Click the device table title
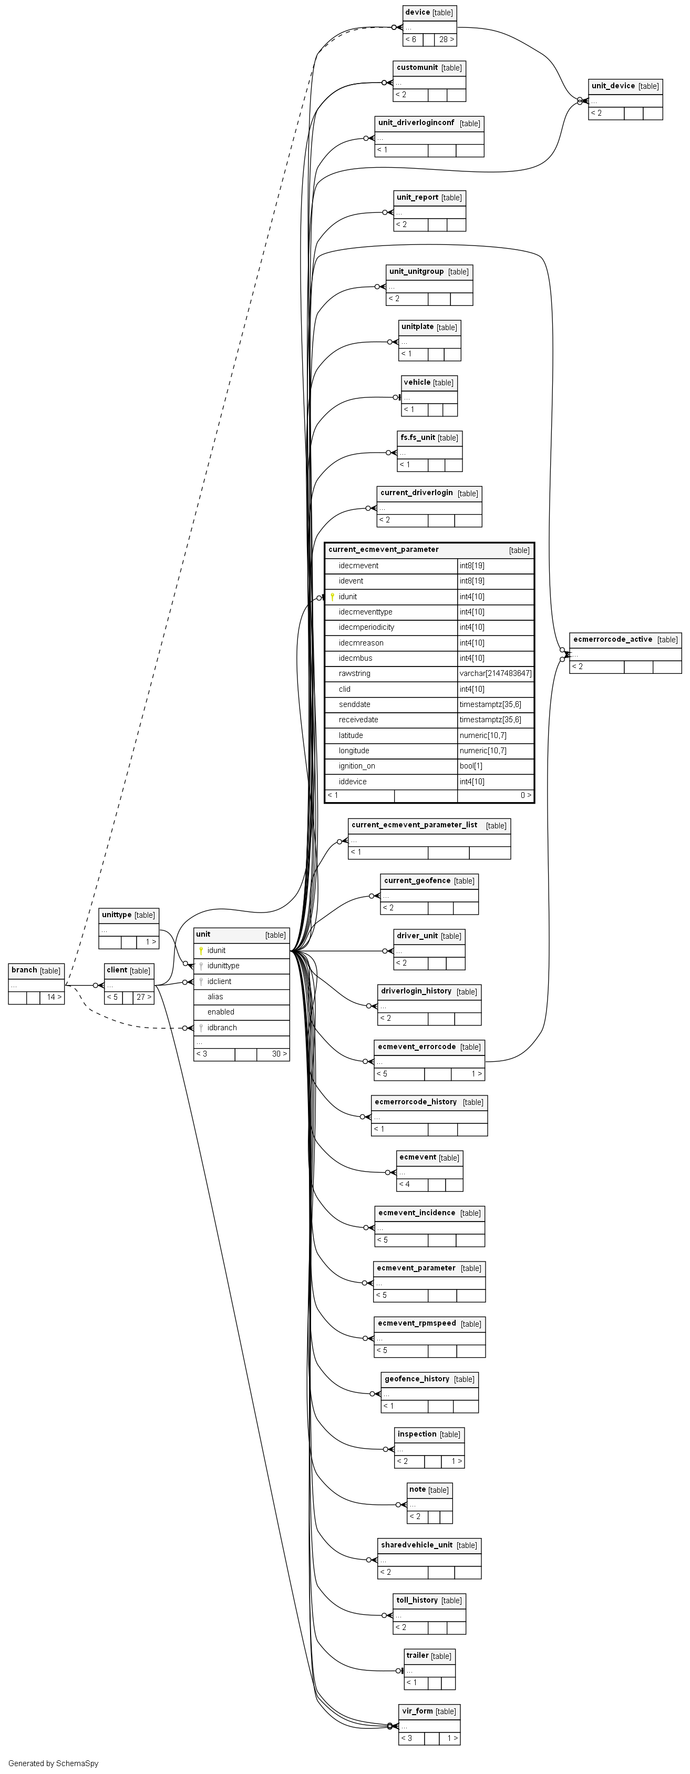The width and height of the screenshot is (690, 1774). tap(417, 13)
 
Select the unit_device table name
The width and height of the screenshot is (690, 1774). tap(613, 86)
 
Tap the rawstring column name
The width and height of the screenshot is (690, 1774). tap(354, 673)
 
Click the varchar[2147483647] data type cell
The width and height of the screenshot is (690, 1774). tap(495, 673)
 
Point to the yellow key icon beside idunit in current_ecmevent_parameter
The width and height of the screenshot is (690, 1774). tap(333, 597)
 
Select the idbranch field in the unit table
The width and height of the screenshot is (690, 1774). tap(222, 1028)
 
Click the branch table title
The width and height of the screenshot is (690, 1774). tap(24, 970)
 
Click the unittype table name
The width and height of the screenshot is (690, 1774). tap(116, 915)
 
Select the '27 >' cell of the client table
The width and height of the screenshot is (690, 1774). tap(143, 997)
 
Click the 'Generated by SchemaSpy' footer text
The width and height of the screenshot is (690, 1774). tap(53, 1763)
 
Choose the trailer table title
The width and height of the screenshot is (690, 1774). tap(417, 1656)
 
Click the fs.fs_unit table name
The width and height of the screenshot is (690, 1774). tap(417, 438)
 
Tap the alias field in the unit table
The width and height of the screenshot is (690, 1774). tap(215, 997)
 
